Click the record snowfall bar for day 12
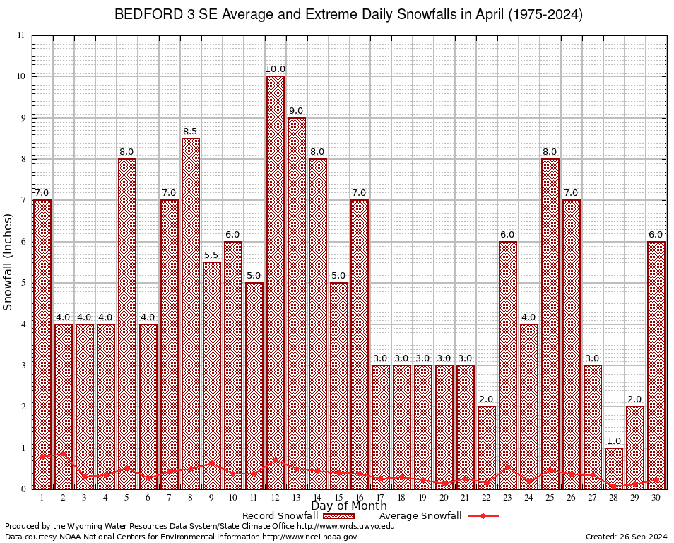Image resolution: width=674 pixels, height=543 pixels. pos(275,283)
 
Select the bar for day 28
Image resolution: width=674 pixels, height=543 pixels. pos(614,468)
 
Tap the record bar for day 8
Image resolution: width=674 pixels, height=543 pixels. pos(190,311)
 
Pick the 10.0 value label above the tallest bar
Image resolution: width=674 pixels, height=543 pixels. pos(275,69)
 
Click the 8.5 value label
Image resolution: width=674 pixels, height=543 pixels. pos(190,131)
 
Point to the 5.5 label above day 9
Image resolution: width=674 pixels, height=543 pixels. pos(211,255)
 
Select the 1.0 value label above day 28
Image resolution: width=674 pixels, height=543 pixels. pos(614,440)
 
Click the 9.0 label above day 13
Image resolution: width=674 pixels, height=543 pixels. pos(296,111)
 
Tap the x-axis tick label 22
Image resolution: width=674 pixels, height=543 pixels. pos(487,498)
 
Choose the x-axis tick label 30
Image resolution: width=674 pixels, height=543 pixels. pos(656,498)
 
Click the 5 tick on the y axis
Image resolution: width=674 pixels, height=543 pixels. pos(22,283)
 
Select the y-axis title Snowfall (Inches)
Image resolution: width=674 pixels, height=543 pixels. pos(8,262)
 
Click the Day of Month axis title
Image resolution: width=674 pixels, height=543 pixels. pos(348,506)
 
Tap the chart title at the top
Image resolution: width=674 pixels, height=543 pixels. pos(348,15)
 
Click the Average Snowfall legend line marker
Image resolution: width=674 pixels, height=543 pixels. pos(483,516)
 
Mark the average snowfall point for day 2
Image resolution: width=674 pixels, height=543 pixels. pos(63,454)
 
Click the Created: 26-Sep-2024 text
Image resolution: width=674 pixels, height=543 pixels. pos(627,537)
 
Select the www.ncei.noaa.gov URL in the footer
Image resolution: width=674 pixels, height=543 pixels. pos(309,537)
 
